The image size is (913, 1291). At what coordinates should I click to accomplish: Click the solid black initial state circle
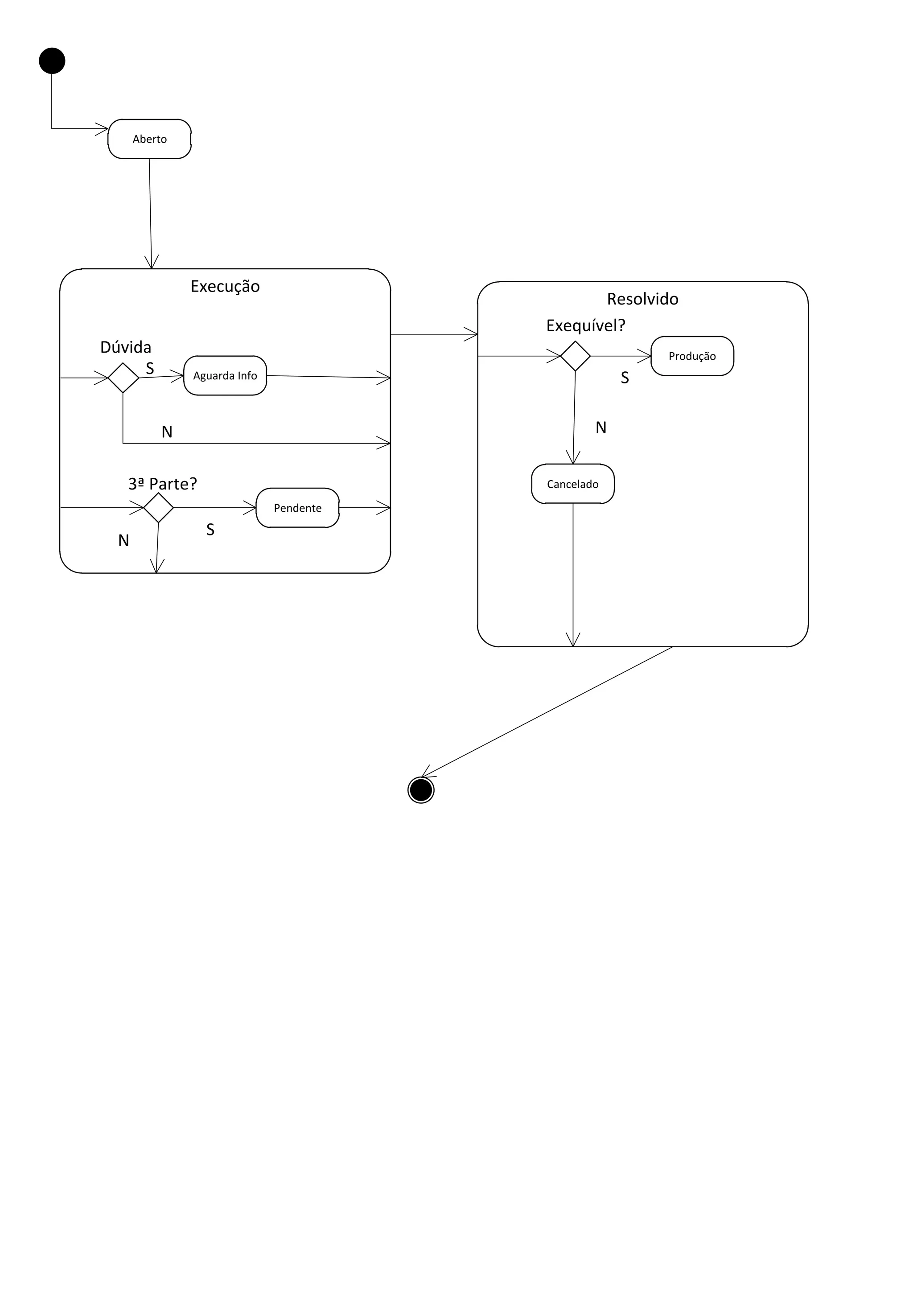click(52, 61)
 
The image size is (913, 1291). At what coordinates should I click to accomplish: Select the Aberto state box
click(149, 139)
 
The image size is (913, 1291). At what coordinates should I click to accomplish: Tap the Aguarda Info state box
click(225, 376)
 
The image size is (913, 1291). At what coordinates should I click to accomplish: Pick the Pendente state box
click(297, 508)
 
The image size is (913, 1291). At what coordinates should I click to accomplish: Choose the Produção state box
click(692, 356)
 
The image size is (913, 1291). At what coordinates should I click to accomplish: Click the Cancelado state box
click(572, 484)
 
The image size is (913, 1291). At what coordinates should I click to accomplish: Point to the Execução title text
click(225, 286)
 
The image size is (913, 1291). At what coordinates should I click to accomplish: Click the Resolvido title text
click(642, 299)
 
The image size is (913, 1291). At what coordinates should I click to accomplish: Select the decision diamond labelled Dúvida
click(123, 378)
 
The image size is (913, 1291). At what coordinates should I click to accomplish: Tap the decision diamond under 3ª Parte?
click(158, 508)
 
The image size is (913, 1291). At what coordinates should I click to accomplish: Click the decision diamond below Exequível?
click(575, 356)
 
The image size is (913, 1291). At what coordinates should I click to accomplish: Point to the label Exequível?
click(585, 325)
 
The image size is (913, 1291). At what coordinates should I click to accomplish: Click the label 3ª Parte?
click(162, 484)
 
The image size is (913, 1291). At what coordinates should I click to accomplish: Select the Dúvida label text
click(125, 347)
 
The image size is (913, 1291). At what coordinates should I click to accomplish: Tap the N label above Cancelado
click(601, 428)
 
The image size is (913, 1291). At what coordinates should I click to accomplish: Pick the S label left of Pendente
click(210, 530)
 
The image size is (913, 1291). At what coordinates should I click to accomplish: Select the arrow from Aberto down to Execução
click(150, 214)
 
